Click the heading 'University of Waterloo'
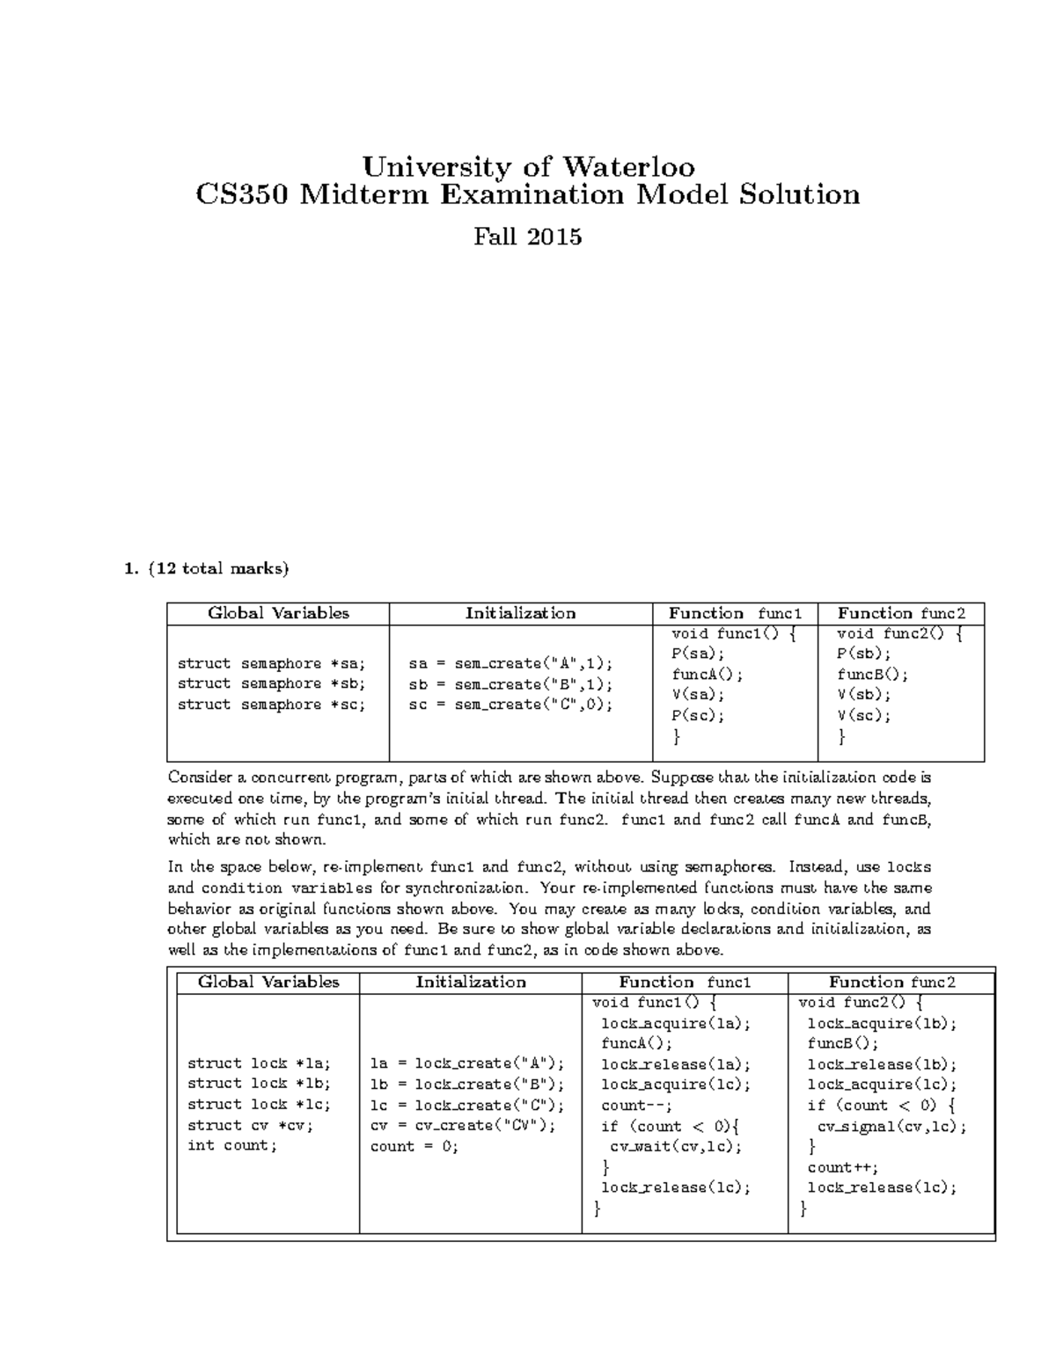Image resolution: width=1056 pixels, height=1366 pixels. tap(529, 166)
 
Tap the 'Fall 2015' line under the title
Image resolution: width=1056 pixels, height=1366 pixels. tap(528, 237)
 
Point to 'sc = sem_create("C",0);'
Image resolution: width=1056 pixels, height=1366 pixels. tap(510, 705)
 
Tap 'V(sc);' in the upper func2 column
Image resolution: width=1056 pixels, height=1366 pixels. tap(864, 715)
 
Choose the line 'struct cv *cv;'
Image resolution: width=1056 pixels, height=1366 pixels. tap(250, 1125)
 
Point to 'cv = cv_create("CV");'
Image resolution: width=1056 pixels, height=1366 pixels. tap(463, 1125)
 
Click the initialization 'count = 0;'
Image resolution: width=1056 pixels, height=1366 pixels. tap(414, 1146)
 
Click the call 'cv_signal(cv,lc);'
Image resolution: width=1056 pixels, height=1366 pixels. tap(891, 1127)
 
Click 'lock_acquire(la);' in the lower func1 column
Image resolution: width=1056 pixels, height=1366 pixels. tap(676, 1023)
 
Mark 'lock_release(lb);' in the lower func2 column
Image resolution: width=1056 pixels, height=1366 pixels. tap(882, 1064)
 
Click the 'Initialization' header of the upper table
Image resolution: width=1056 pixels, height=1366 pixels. tap(520, 613)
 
